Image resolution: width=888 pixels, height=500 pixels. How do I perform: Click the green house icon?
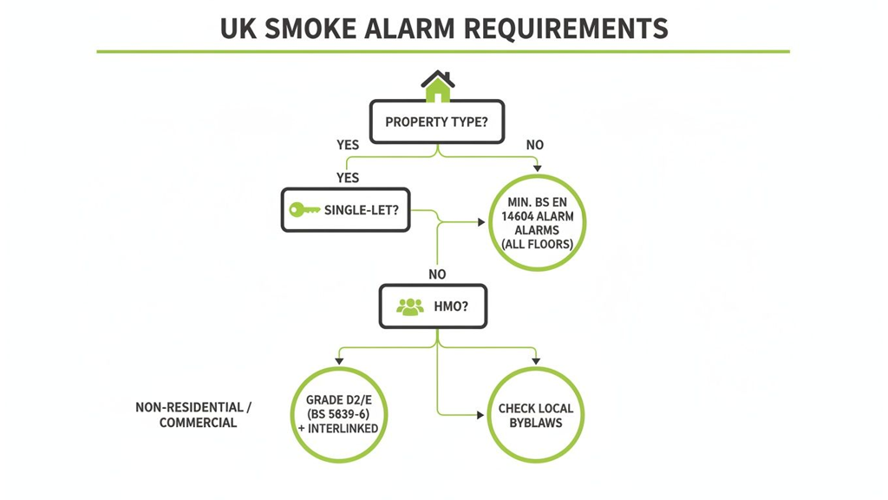click(x=438, y=86)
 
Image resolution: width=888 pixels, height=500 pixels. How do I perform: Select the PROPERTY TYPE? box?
click(x=437, y=122)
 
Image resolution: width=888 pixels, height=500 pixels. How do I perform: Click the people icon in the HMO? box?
click(x=409, y=307)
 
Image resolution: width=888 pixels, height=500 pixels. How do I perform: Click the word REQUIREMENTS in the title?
click(x=565, y=28)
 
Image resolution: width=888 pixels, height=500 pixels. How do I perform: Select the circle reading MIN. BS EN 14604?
click(x=538, y=222)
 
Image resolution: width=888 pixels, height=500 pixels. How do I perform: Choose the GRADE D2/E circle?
click(x=338, y=414)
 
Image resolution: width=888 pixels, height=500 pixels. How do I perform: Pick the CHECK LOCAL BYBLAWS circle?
click(x=536, y=415)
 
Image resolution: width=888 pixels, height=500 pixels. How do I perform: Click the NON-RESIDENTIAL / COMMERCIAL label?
click(x=193, y=415)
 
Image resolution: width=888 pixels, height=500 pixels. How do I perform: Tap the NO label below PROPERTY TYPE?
click(x=535, y=145)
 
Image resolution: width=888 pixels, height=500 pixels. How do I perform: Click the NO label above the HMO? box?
click(x=437, y=274)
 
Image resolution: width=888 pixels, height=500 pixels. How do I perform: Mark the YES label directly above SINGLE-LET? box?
click(x=347, y=178)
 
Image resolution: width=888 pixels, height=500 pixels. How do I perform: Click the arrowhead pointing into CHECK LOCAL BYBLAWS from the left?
click(x=480, y=416)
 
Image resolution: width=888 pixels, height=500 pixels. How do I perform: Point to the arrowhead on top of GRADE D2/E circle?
click(x=339, y=360)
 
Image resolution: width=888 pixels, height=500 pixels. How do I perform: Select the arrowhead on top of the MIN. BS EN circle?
click(x=538, y=168)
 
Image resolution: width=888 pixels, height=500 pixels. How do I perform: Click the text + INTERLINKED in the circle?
click(x=338, y=428)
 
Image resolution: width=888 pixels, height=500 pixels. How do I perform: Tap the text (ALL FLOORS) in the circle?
click(x=538, y=245)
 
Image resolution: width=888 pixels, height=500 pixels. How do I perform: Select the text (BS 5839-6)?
click(x=338, y=414)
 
